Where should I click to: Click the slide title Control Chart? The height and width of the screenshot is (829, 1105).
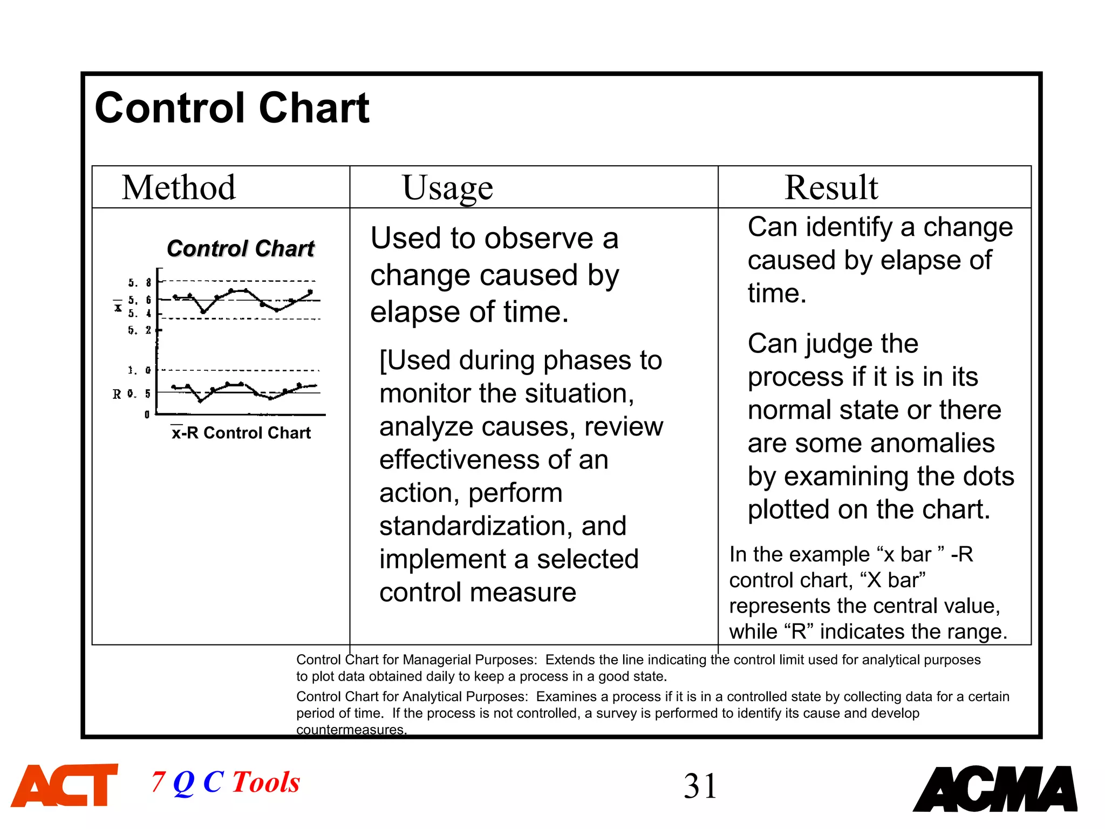232,108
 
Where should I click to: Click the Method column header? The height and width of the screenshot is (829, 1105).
179,188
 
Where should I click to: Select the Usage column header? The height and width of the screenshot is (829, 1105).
447,188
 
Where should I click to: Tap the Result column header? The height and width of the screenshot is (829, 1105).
831,188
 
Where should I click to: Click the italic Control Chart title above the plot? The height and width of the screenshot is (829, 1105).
240,249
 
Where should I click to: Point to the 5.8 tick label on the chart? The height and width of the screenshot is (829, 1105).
140,283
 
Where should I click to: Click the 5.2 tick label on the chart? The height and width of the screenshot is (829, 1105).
140,330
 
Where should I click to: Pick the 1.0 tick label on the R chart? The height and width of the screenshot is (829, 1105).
139,370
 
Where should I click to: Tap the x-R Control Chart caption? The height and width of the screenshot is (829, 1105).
241,433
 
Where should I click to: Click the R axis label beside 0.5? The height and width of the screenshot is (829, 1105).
117,395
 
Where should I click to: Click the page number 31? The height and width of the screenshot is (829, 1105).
700,786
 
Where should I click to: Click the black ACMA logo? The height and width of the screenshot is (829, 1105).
995,789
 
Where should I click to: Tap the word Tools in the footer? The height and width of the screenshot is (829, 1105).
266,783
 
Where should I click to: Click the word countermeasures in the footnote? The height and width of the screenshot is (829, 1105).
351,730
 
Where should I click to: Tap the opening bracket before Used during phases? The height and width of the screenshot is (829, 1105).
383,361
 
